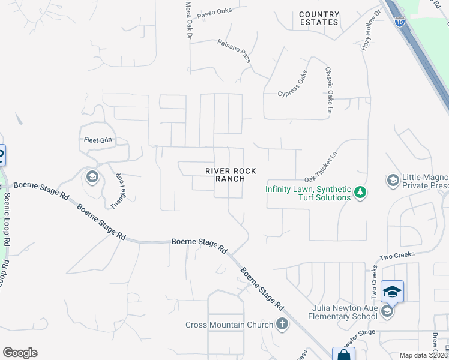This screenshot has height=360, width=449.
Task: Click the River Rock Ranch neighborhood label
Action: point(231,175)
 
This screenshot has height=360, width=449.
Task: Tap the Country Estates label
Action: point(319,18)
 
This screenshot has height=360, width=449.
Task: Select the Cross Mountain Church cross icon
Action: point(282,325)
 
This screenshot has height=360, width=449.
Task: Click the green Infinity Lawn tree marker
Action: point(360,193)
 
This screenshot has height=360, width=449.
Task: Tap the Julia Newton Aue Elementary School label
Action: point(344,312)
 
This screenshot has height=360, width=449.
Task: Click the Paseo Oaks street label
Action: point(214,11)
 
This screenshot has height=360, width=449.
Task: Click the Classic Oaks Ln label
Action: point(328,90)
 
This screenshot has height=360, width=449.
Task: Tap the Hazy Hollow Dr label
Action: point(370,31)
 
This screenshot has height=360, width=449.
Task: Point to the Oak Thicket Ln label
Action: point(322,167)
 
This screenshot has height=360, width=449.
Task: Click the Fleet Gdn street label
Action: point(98,140)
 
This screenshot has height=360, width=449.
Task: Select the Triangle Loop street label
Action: point(121,191)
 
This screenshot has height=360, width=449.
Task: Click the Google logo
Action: point(20,353)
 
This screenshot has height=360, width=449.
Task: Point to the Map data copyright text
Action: point(424,355)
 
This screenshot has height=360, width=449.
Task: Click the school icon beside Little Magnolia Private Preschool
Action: point(393,181)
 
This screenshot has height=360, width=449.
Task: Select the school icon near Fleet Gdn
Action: point(92,177)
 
